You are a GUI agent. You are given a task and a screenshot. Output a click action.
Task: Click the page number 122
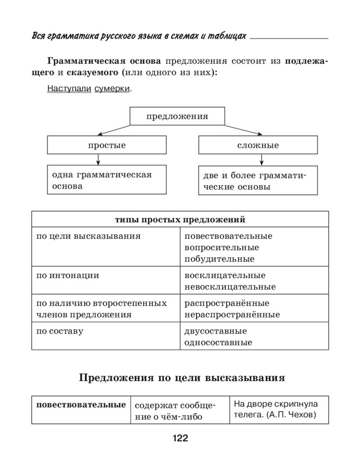click(x=180, y=438)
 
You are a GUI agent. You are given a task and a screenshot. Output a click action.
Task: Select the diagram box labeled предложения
click(x=177, y=116)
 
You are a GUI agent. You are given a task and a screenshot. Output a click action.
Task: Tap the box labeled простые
click(x=107, y=145)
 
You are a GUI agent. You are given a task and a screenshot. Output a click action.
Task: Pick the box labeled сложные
click(x=258, y=145)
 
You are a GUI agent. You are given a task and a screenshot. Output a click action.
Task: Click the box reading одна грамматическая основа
click(x=107, y=180)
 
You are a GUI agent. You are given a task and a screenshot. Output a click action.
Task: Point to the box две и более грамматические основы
click(x=258, y=181)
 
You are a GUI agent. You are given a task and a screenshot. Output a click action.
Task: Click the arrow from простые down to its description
click(x=98, y=159)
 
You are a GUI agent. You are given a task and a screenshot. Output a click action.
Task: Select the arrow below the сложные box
click(x=262, y=159)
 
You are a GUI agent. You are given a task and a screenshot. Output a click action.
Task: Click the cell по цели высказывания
click(x=89, y=236)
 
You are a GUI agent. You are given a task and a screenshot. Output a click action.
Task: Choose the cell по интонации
click(x=68, y=275)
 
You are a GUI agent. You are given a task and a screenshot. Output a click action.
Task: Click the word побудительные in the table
click(x=219, y=259)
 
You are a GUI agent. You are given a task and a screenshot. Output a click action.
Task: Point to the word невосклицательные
click(x=230, y=287)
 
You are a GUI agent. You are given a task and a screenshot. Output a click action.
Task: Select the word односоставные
click(x=218, y=342)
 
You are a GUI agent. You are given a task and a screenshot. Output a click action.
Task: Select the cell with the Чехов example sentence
click(x=279, y=409)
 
